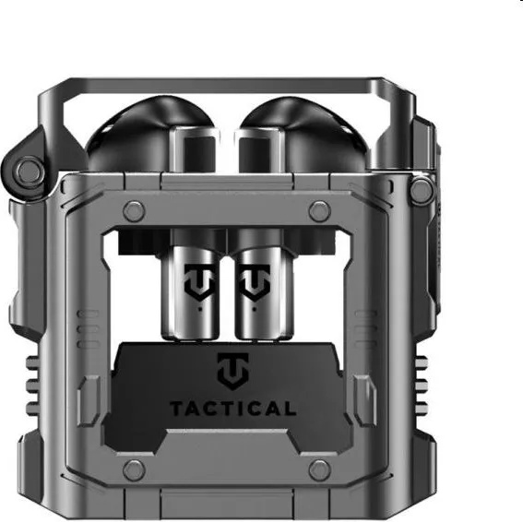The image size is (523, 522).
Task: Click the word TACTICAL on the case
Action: [x=233, y=409]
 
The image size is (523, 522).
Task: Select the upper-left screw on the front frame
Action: [x=134, y=211]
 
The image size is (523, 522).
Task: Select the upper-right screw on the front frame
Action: [x=320, y=211]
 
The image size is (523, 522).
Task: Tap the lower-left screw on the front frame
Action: [x=134, y=470]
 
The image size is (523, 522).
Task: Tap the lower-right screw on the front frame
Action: [x=320, y=470]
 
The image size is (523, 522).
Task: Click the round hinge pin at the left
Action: [x=30, y=170]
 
